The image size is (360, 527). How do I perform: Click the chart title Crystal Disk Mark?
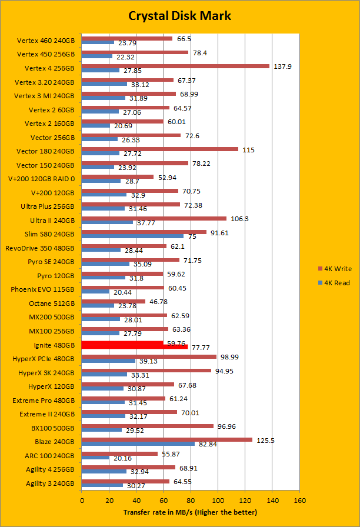(x=179, y=16)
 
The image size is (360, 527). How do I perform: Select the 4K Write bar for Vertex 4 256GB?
(x=175, y=66)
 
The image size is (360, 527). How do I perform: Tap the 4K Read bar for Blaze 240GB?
(x=138, y=443)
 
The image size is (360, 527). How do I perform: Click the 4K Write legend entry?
(x=334, y=269)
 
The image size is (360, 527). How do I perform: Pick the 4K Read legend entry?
(x=334, y=283)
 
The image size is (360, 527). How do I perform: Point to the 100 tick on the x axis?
(x=218, y=500)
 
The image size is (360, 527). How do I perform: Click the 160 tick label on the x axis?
(x=299, y=500)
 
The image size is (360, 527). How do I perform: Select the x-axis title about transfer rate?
(x=191, y=512)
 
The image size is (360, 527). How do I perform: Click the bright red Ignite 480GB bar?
(x=134, y=346)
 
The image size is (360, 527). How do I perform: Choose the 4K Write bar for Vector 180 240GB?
(x=159, y=149)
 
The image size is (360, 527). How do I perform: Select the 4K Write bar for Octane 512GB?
(x=113, y=301)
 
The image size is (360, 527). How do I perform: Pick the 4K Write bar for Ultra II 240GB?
(x=154, y=218)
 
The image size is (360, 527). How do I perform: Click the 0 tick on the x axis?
(x=82, y=500)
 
